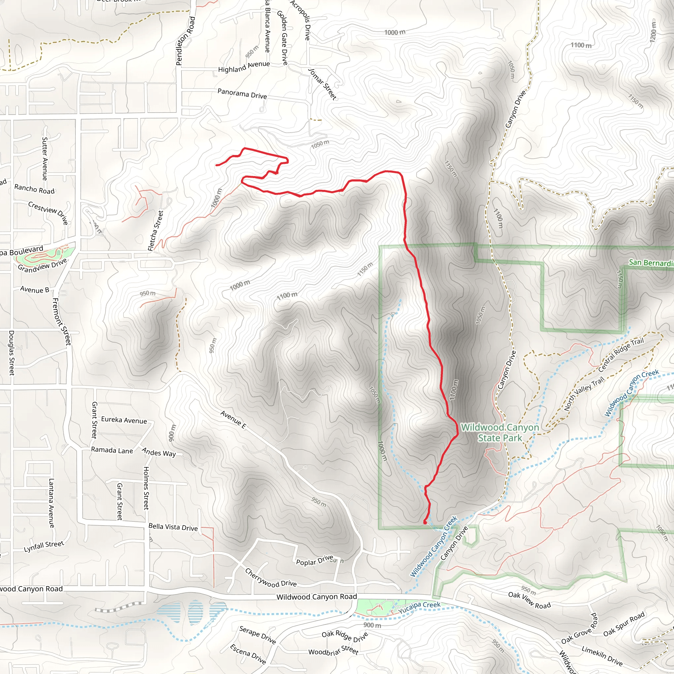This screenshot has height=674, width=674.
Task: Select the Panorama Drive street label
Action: [242, 93]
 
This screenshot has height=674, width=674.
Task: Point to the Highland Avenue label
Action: [244, 66]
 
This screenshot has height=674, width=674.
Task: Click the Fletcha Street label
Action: [156, 231]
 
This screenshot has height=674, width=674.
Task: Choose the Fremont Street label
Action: [62, 321]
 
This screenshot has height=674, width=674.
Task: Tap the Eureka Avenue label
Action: [124, 420]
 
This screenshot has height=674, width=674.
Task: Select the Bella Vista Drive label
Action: [173, 527]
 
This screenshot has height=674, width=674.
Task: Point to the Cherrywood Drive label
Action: [271, 578]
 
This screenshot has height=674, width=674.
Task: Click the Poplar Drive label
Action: [314, 560]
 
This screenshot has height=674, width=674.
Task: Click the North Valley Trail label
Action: [584, 394]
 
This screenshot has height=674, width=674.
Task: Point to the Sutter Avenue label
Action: [45, 159]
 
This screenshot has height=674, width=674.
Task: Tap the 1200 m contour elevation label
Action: [653, 32]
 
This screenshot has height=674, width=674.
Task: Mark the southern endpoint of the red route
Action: [425, 522]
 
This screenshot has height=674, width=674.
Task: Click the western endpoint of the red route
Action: [216, 165]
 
